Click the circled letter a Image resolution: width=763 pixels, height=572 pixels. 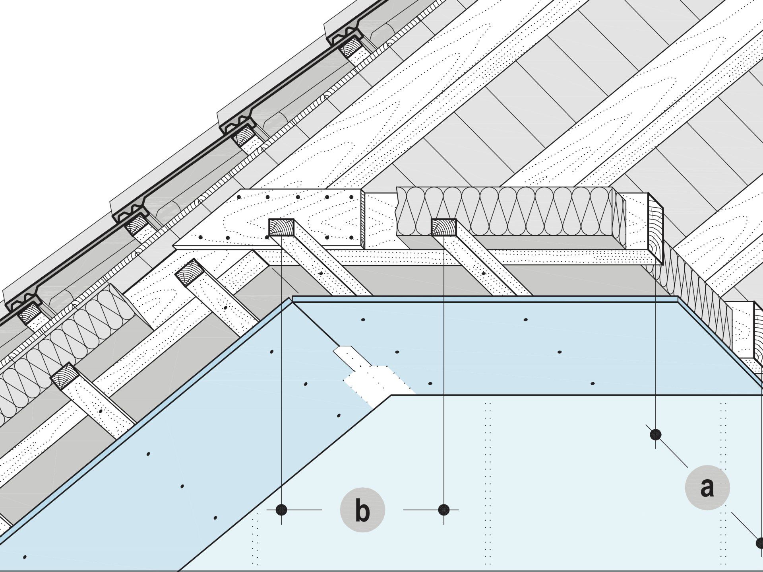(707, 488)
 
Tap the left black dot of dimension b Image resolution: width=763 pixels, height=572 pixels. (281, 510)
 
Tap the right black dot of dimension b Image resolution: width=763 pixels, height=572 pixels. (444, 510)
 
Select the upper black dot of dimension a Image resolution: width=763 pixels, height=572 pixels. (655, 434)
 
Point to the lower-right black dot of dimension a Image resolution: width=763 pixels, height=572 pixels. (759, 542)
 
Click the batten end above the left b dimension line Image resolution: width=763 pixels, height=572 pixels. (281, 227)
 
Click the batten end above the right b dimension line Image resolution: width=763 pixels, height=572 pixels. (444, 227)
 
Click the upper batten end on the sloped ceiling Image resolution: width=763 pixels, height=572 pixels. (190, 272)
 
